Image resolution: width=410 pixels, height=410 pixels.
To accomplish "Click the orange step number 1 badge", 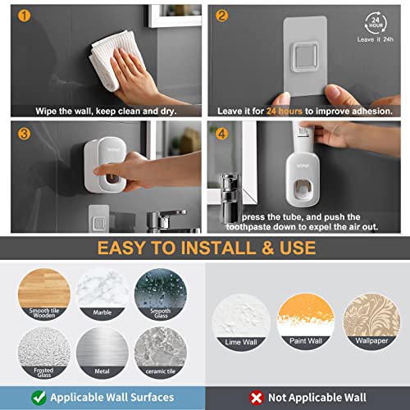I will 23,16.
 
